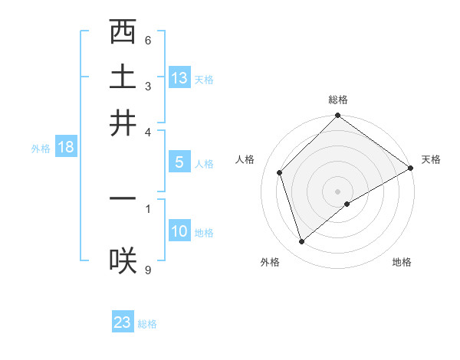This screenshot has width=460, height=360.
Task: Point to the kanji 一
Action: (123, 198)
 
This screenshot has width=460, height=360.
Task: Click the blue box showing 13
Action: (179, 78)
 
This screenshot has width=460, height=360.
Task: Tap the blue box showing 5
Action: (179, 162)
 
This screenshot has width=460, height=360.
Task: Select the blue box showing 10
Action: (179, 231)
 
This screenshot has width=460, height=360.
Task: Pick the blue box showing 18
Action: (66, 148)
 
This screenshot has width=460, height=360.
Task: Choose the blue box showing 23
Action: (123, 322)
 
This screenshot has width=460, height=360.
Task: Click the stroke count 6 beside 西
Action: (148, 41)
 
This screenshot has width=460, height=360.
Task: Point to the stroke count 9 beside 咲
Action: (148, 270)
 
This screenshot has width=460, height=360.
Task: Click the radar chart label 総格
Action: (338, 100)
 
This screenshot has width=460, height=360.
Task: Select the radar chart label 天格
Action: (431, 159)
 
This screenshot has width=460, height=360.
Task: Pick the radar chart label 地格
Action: (402, 263)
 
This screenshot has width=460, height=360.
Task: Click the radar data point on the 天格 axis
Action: (411, 168)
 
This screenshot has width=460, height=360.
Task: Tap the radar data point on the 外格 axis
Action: (301, 242)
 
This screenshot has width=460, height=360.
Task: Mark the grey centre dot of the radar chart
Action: (338, 191)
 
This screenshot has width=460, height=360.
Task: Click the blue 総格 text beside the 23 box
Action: (147, 324)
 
